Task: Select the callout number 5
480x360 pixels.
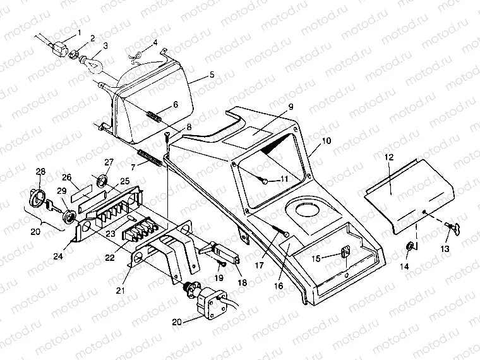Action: (x=212, y=75)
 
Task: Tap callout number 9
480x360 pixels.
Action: (x=291, y=106)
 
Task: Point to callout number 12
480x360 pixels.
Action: (x=390, y=155)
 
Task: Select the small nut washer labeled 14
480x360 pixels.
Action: (x=411, y=245)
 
